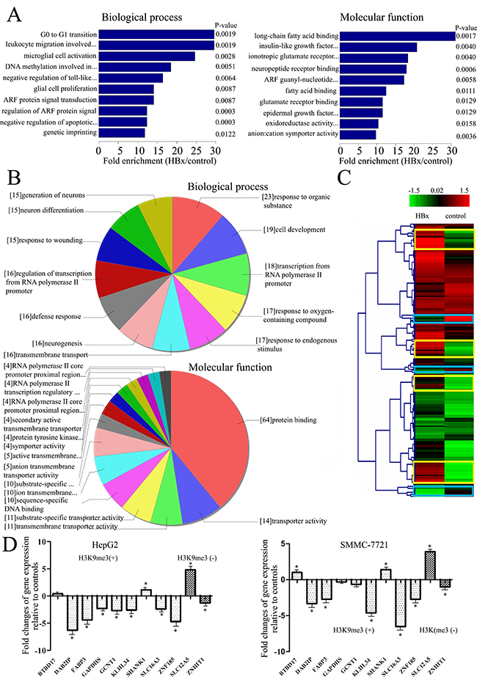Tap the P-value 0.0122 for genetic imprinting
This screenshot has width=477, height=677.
coord(226,133)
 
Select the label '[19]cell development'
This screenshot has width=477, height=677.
coord(295,230)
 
